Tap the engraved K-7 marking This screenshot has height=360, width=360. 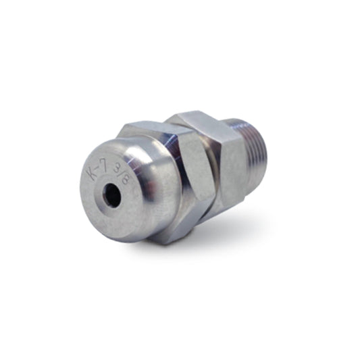(x=96, y=172)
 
